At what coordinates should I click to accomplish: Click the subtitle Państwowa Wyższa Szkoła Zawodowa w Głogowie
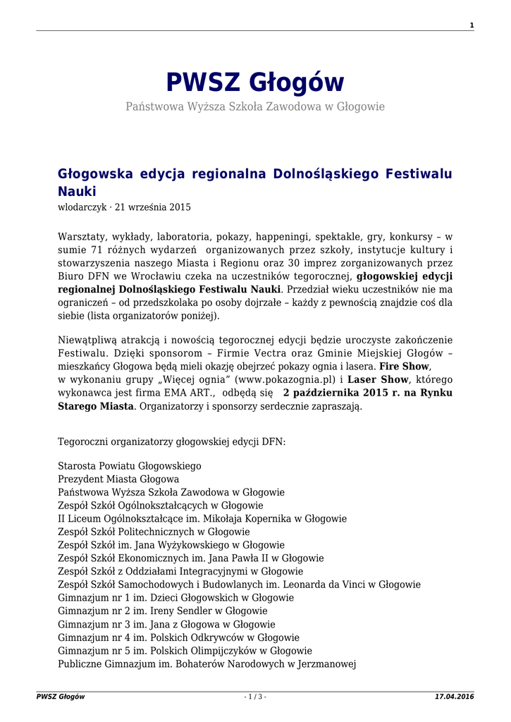[x=255, y=106]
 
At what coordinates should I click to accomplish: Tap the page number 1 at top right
[x=472, y=26]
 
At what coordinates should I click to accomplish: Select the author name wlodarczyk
[x=81, y=207]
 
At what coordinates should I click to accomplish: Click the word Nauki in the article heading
[x=76, y=191]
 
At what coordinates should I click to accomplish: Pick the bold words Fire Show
[x=405, y=367]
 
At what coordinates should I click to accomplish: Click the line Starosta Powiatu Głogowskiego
[x=129, y=466]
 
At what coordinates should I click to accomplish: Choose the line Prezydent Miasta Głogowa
[x=118, y=479]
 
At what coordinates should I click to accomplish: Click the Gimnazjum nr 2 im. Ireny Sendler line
[x=163, y=611]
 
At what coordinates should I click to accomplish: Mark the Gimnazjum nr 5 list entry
[x=185, y=650]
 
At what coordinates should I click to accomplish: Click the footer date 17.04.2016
[x=455, y=697]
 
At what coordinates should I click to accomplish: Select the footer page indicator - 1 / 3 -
[x=255, y=697]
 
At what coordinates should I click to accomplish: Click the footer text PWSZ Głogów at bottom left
[x=61, y=697]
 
